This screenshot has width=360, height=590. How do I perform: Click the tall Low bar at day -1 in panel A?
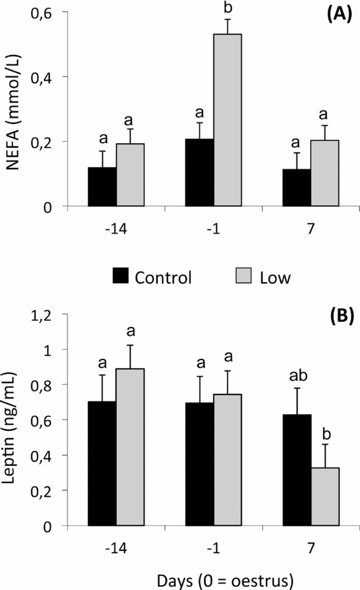click(227, 120)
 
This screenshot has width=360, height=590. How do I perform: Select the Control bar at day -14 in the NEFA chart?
click(102, 187)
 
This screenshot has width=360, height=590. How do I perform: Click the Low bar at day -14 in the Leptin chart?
click(130, 447)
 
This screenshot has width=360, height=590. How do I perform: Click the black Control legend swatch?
click(120, 276)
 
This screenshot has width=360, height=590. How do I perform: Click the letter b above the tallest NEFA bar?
click(227, 8)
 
